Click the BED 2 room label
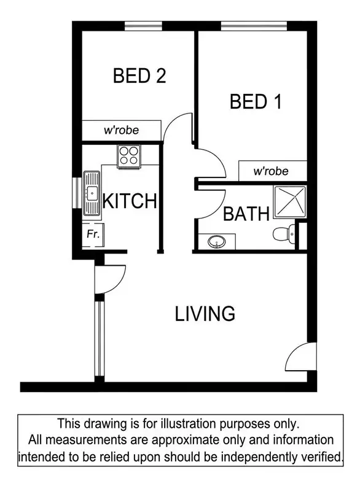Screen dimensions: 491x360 [x=139, y=76]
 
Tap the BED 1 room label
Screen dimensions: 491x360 [x=256, y=101]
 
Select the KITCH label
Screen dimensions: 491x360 [x=130, y=201]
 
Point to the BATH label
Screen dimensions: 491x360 [x=246, y=214]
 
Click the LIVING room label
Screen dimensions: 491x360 [x=205, y=314]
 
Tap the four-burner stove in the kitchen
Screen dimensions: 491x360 [x=129, y=155]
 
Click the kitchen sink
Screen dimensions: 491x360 [x=92, y=193]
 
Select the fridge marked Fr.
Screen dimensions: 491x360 [x=93, y=234]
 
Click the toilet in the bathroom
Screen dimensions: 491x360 [x=283, y=234]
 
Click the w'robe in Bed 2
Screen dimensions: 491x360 [x=121, y=130]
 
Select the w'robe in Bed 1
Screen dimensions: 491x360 [x=271, y=171]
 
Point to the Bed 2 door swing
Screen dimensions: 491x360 [x=179, y=130]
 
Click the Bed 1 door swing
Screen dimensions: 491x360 [x=209, y=164]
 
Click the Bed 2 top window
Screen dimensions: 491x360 [x=143, y=25]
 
